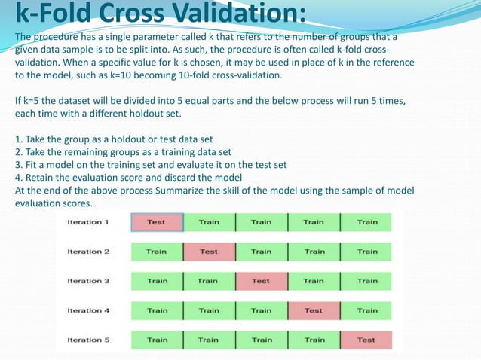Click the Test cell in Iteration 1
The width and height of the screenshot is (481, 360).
157,222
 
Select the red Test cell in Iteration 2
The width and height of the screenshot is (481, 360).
209,252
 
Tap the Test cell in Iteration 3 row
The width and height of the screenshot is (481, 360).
261,281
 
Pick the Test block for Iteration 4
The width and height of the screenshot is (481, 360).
314,310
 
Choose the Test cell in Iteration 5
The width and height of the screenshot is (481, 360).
366,340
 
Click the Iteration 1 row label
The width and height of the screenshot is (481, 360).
88,222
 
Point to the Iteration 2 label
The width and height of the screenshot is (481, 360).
88,252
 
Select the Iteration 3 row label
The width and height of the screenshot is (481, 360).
88,281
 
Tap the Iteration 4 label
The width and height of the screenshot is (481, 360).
88,310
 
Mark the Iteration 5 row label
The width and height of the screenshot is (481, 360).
88,340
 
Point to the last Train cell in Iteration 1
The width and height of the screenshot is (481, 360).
367,222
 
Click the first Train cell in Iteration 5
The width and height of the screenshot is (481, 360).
157,340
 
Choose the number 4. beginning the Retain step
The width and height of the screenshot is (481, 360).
19,178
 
